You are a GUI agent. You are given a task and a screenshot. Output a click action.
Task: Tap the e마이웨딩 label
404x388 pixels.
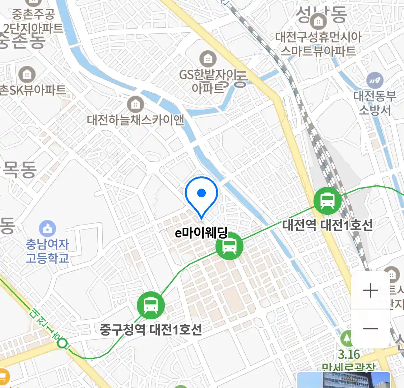point(201,233)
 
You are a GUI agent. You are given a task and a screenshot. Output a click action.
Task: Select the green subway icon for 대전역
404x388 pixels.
point(327,200)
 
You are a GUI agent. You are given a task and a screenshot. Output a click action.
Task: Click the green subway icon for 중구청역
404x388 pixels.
point(151,305)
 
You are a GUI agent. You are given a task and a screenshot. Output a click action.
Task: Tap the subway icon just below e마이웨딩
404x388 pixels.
point(229,246)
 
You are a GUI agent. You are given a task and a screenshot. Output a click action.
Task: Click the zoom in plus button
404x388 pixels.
point(370,290)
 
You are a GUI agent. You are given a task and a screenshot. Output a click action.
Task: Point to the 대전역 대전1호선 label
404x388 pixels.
point(327,225)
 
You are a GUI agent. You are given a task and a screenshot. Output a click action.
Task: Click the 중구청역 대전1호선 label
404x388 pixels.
point(151,329)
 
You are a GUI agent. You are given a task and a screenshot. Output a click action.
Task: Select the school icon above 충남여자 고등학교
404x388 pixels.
point(47,228)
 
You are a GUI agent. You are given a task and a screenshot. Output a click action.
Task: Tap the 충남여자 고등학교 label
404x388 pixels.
point(47,251)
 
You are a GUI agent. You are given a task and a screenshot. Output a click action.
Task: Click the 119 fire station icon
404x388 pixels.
point(375,81)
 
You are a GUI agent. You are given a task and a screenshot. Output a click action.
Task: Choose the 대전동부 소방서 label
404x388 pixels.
point(375,103)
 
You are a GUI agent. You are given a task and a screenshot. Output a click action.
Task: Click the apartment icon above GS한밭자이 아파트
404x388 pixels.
point(208,59)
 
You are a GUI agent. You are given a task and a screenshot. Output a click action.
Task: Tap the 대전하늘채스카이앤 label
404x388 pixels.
point(135,120)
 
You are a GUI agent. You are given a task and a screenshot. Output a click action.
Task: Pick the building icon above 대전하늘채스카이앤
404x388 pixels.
point(135,104)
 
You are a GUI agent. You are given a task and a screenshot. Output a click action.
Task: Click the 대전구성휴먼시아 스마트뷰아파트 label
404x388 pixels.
point(318,44)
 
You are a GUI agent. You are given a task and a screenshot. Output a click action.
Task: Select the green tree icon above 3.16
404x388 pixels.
point(347,338)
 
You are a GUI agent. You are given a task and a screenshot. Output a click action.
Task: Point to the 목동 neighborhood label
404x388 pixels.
point(20,170)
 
